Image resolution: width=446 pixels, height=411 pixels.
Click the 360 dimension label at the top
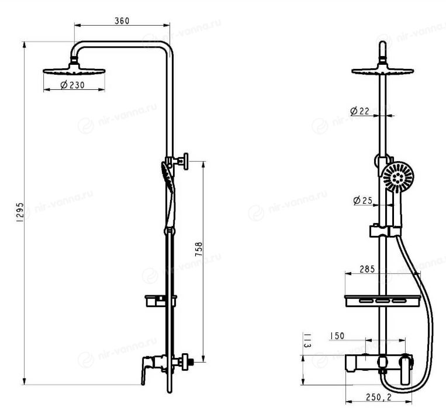point(122,21)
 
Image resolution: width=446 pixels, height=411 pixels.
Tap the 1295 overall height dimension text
point(20,212)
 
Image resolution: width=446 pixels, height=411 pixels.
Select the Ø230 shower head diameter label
point(72,85)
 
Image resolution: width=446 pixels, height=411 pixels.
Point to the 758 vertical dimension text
point(199,249)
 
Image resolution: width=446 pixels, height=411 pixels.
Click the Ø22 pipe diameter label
point(360,111)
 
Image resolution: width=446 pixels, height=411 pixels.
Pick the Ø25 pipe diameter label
point(362,200)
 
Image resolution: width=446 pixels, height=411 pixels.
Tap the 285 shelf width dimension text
point(367,269)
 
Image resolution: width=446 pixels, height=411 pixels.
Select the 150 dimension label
point(337,336)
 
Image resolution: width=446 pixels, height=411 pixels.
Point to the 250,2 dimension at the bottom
point(379,397)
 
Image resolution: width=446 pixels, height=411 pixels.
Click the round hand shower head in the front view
point(398,177)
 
